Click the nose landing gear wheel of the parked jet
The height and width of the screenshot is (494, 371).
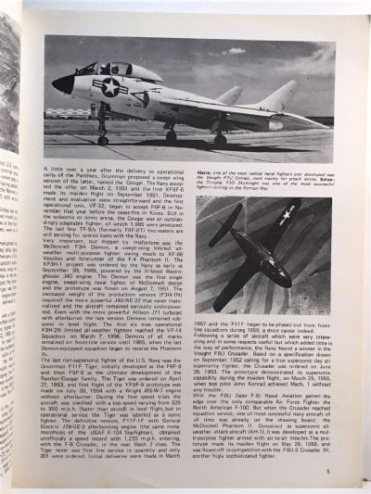pos(102,140)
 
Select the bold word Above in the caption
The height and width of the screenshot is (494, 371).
pos(206,172)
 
